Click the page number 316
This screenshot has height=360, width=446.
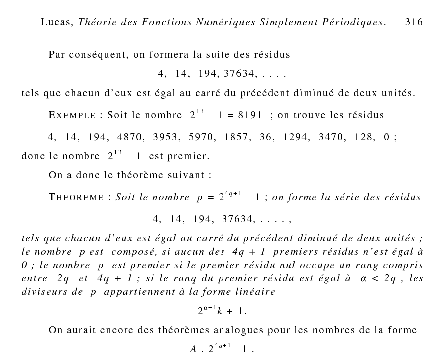[x=414, y=22]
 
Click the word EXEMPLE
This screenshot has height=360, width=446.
[x=72, y=116]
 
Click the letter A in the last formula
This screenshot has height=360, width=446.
[x=193, y=349]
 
